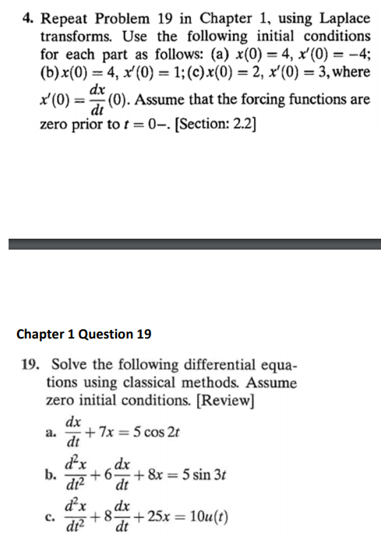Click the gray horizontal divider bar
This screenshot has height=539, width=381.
(x=190, y=244)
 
